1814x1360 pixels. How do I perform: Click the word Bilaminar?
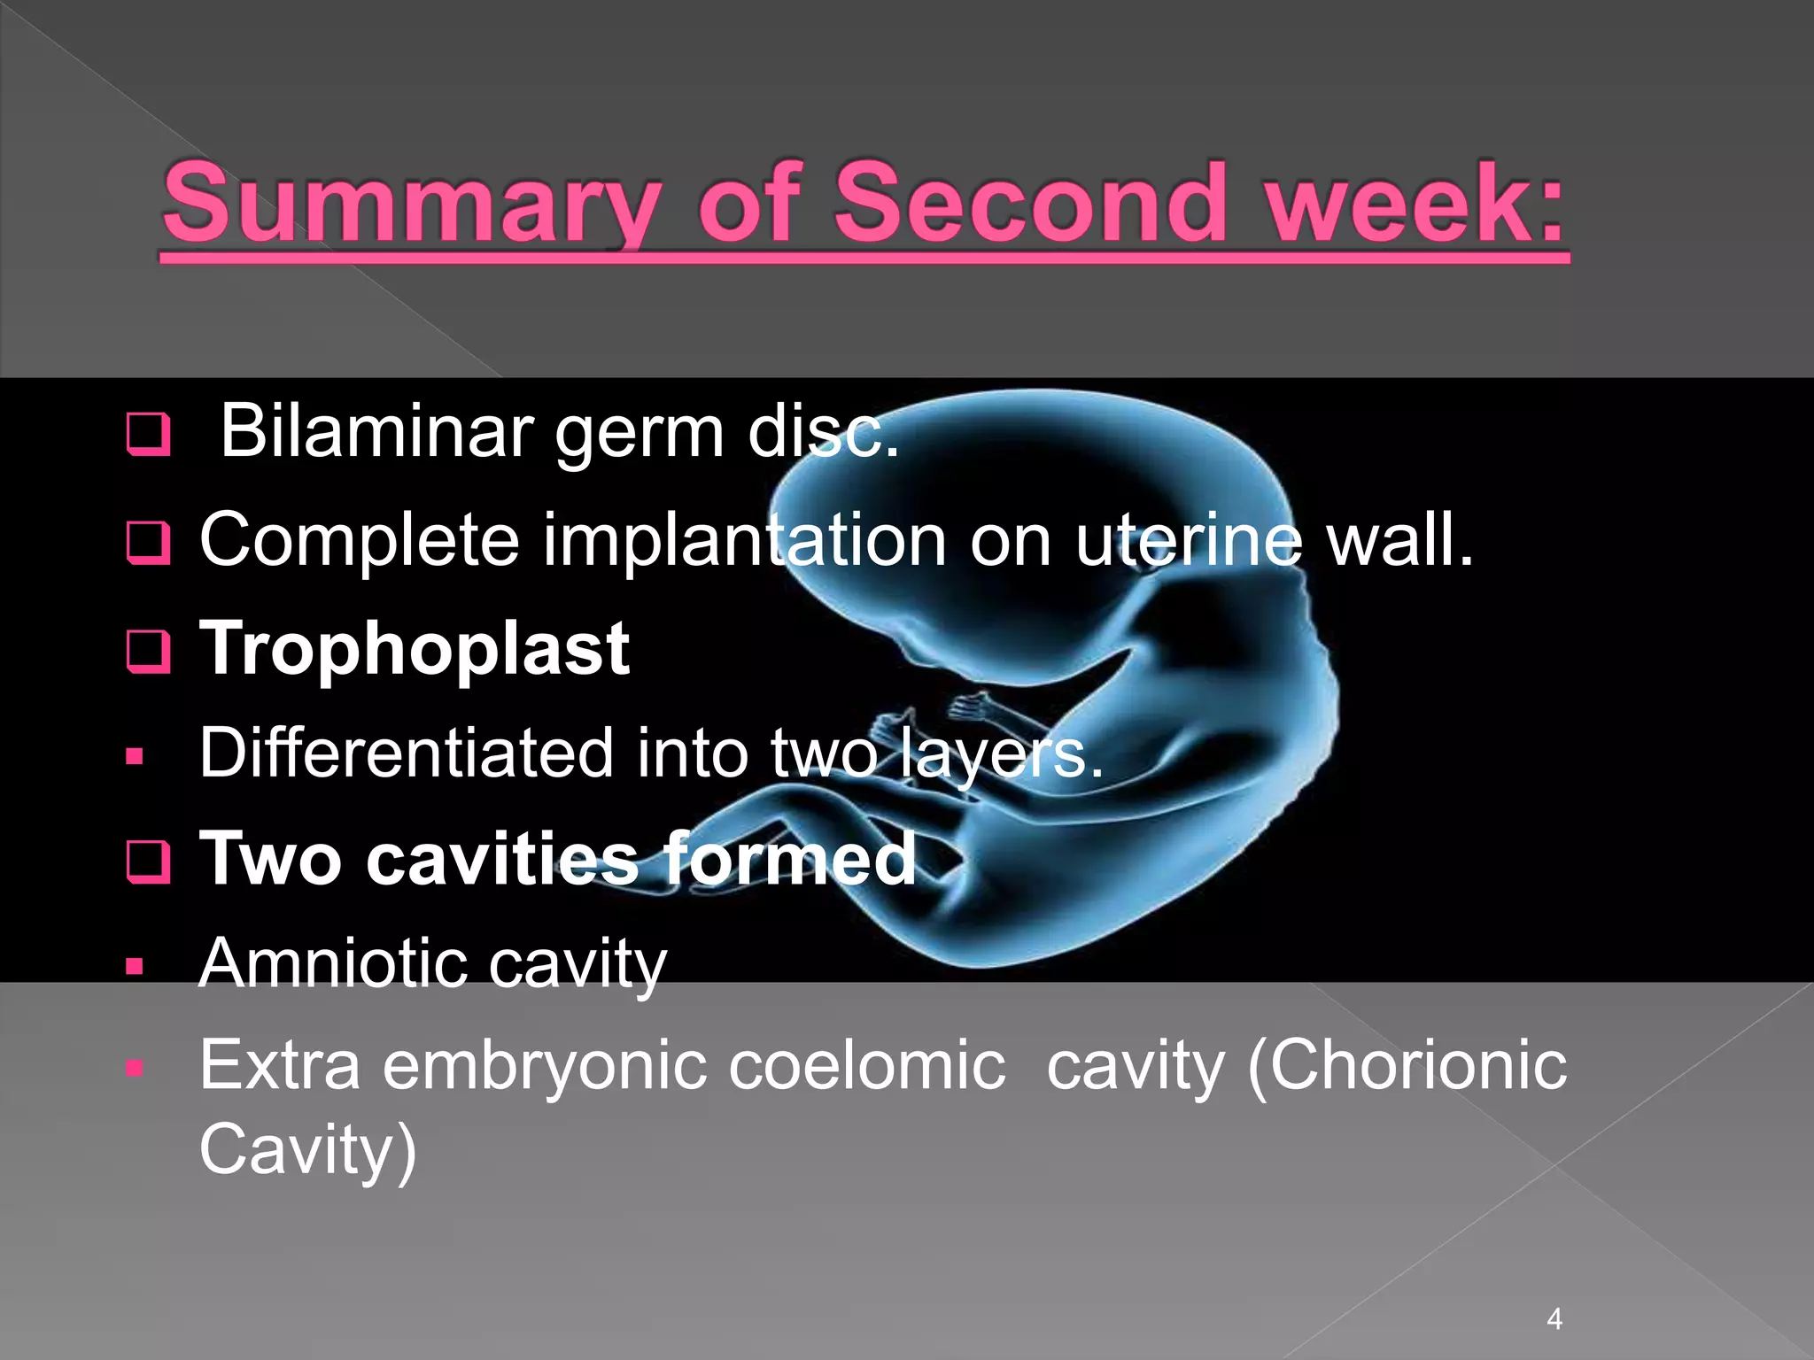click(376, 431)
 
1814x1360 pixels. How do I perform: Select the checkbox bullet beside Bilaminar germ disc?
click(148, 434)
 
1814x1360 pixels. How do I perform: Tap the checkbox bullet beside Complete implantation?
click(148, 543)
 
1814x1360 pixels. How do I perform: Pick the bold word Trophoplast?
click(415, 649)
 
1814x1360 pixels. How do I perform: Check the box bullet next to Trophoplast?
click(148, 652)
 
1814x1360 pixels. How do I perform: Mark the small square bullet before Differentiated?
click(135, 757)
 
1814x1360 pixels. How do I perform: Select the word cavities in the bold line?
click(501, 859)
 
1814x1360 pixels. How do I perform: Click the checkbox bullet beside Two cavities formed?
click(148, 862)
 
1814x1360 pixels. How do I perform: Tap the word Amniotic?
click(333, 963)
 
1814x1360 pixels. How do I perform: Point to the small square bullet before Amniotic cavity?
click(135, 967)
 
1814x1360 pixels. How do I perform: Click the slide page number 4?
click(1554, 1319)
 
